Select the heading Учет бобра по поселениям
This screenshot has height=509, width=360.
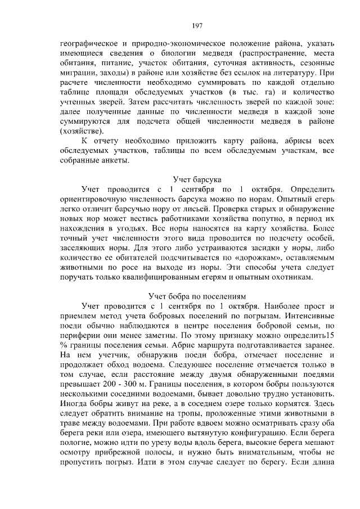click(x=197, y=295)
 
